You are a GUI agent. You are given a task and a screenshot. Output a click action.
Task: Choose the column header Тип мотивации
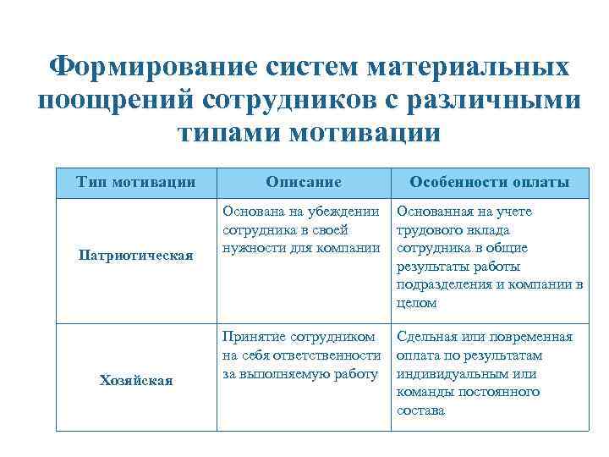(135, 182)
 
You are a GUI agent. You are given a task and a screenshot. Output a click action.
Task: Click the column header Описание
(303, 182)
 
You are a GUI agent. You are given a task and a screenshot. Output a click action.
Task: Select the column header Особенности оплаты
(489, 182)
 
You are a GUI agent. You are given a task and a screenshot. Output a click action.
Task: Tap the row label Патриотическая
(135, 255)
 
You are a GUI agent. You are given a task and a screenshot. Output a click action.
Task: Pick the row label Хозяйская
(135, 381)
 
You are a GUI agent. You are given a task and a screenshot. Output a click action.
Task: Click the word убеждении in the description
(343, 212)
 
